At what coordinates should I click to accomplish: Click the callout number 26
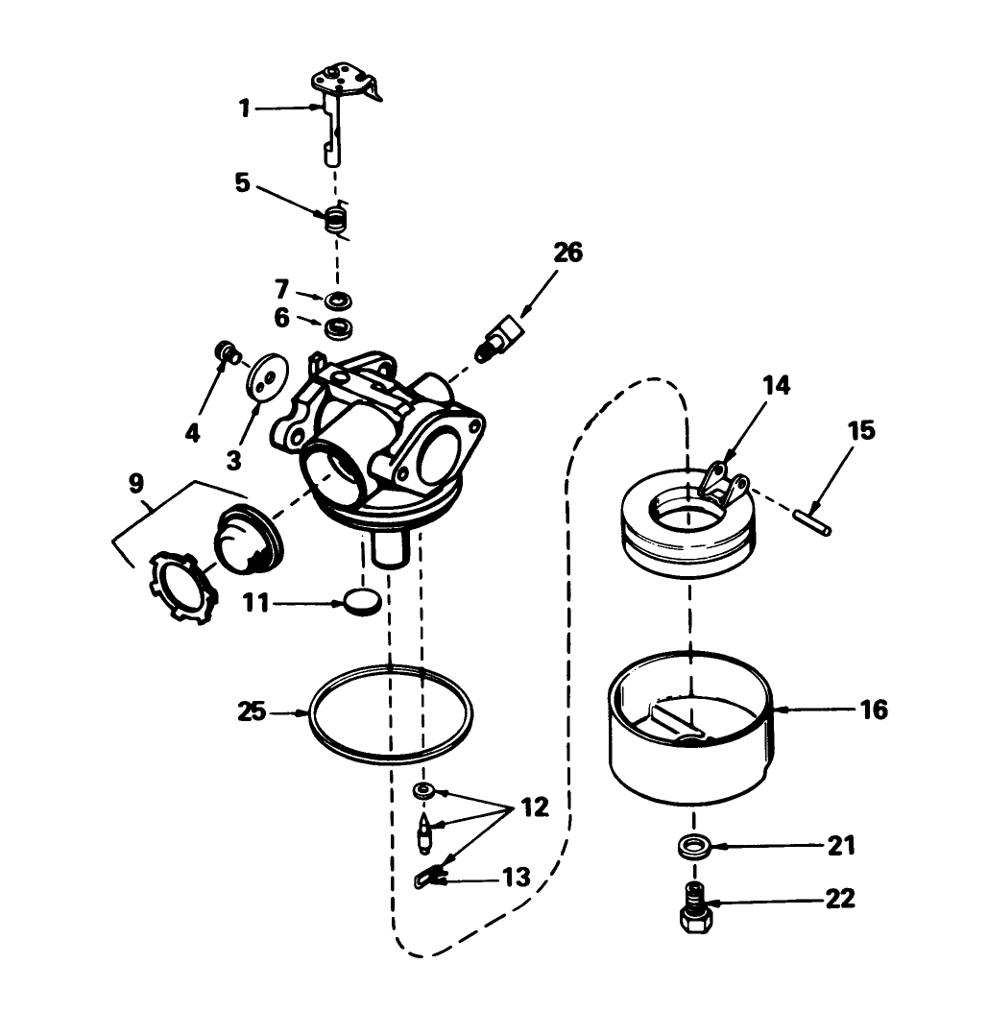[567, 253]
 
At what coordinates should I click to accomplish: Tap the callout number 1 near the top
[245, 108]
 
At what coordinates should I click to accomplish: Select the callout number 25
[253, 712]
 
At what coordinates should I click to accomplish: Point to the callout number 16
[874, 710]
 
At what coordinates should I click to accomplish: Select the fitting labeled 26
[502, 338]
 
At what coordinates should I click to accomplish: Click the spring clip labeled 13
[429, 876]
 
